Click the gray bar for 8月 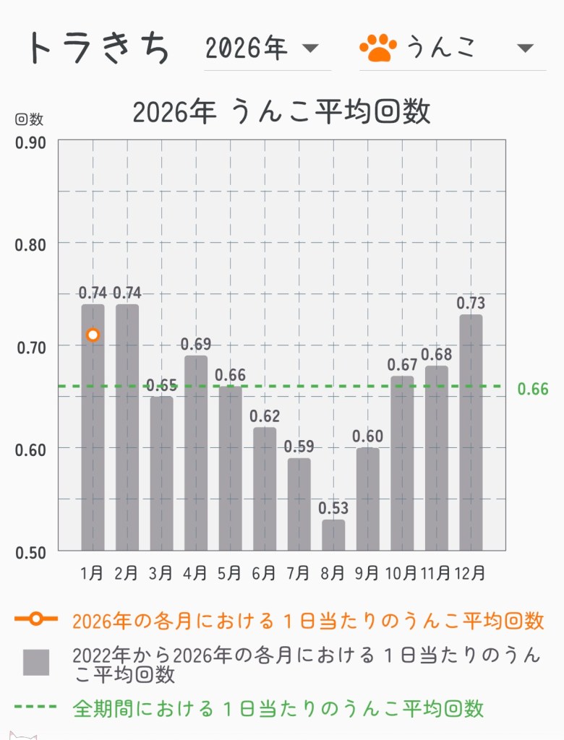coord(333,535)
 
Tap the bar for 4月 coord(196,453)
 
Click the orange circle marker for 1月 coord(93,335)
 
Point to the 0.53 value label coord(333,508)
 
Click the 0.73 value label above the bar coord(471,303)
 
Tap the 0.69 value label coord(196,344)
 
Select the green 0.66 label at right coord(533,390)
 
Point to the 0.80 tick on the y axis coord(30,244)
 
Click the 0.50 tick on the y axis coord(30,552)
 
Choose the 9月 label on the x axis coord(367,573)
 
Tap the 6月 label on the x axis coord(264,573)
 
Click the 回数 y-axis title coord(29,119)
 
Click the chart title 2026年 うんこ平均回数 coord(281,112)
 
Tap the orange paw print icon coord(378,48)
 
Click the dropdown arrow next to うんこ coord(526,49)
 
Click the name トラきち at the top coord(98,48)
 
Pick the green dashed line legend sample coord(35,707)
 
